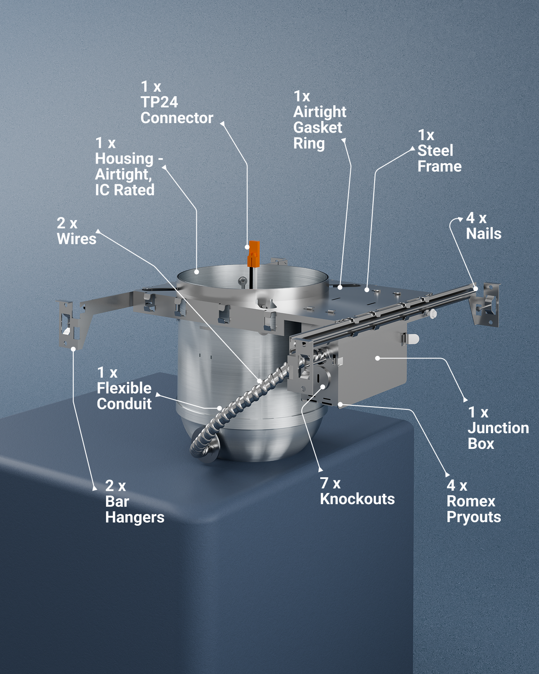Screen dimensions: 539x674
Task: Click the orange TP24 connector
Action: click(253, 253)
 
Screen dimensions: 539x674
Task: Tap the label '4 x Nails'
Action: click(484, 226)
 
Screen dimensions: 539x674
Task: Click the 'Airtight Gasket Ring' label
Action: click(320, 120)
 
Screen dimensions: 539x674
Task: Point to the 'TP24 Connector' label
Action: click(177, 102)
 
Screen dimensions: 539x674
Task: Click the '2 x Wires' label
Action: click(76, 231)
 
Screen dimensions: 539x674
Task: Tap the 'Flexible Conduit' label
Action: click(124, 388)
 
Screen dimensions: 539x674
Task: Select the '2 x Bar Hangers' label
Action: click(135, 501)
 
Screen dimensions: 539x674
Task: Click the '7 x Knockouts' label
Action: click(357, 492)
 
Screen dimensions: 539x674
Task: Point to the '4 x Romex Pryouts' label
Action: click(473, 501)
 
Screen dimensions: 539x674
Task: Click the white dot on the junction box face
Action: click(378, 358)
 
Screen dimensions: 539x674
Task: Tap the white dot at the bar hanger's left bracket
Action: click(73, 349)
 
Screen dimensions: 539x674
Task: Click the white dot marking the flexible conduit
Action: click(220, 408)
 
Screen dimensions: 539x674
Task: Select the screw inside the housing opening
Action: click(243, 281)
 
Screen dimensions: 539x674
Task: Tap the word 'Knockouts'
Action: click(357, 499)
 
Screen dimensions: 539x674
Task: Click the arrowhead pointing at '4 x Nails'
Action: click(460, 219)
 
